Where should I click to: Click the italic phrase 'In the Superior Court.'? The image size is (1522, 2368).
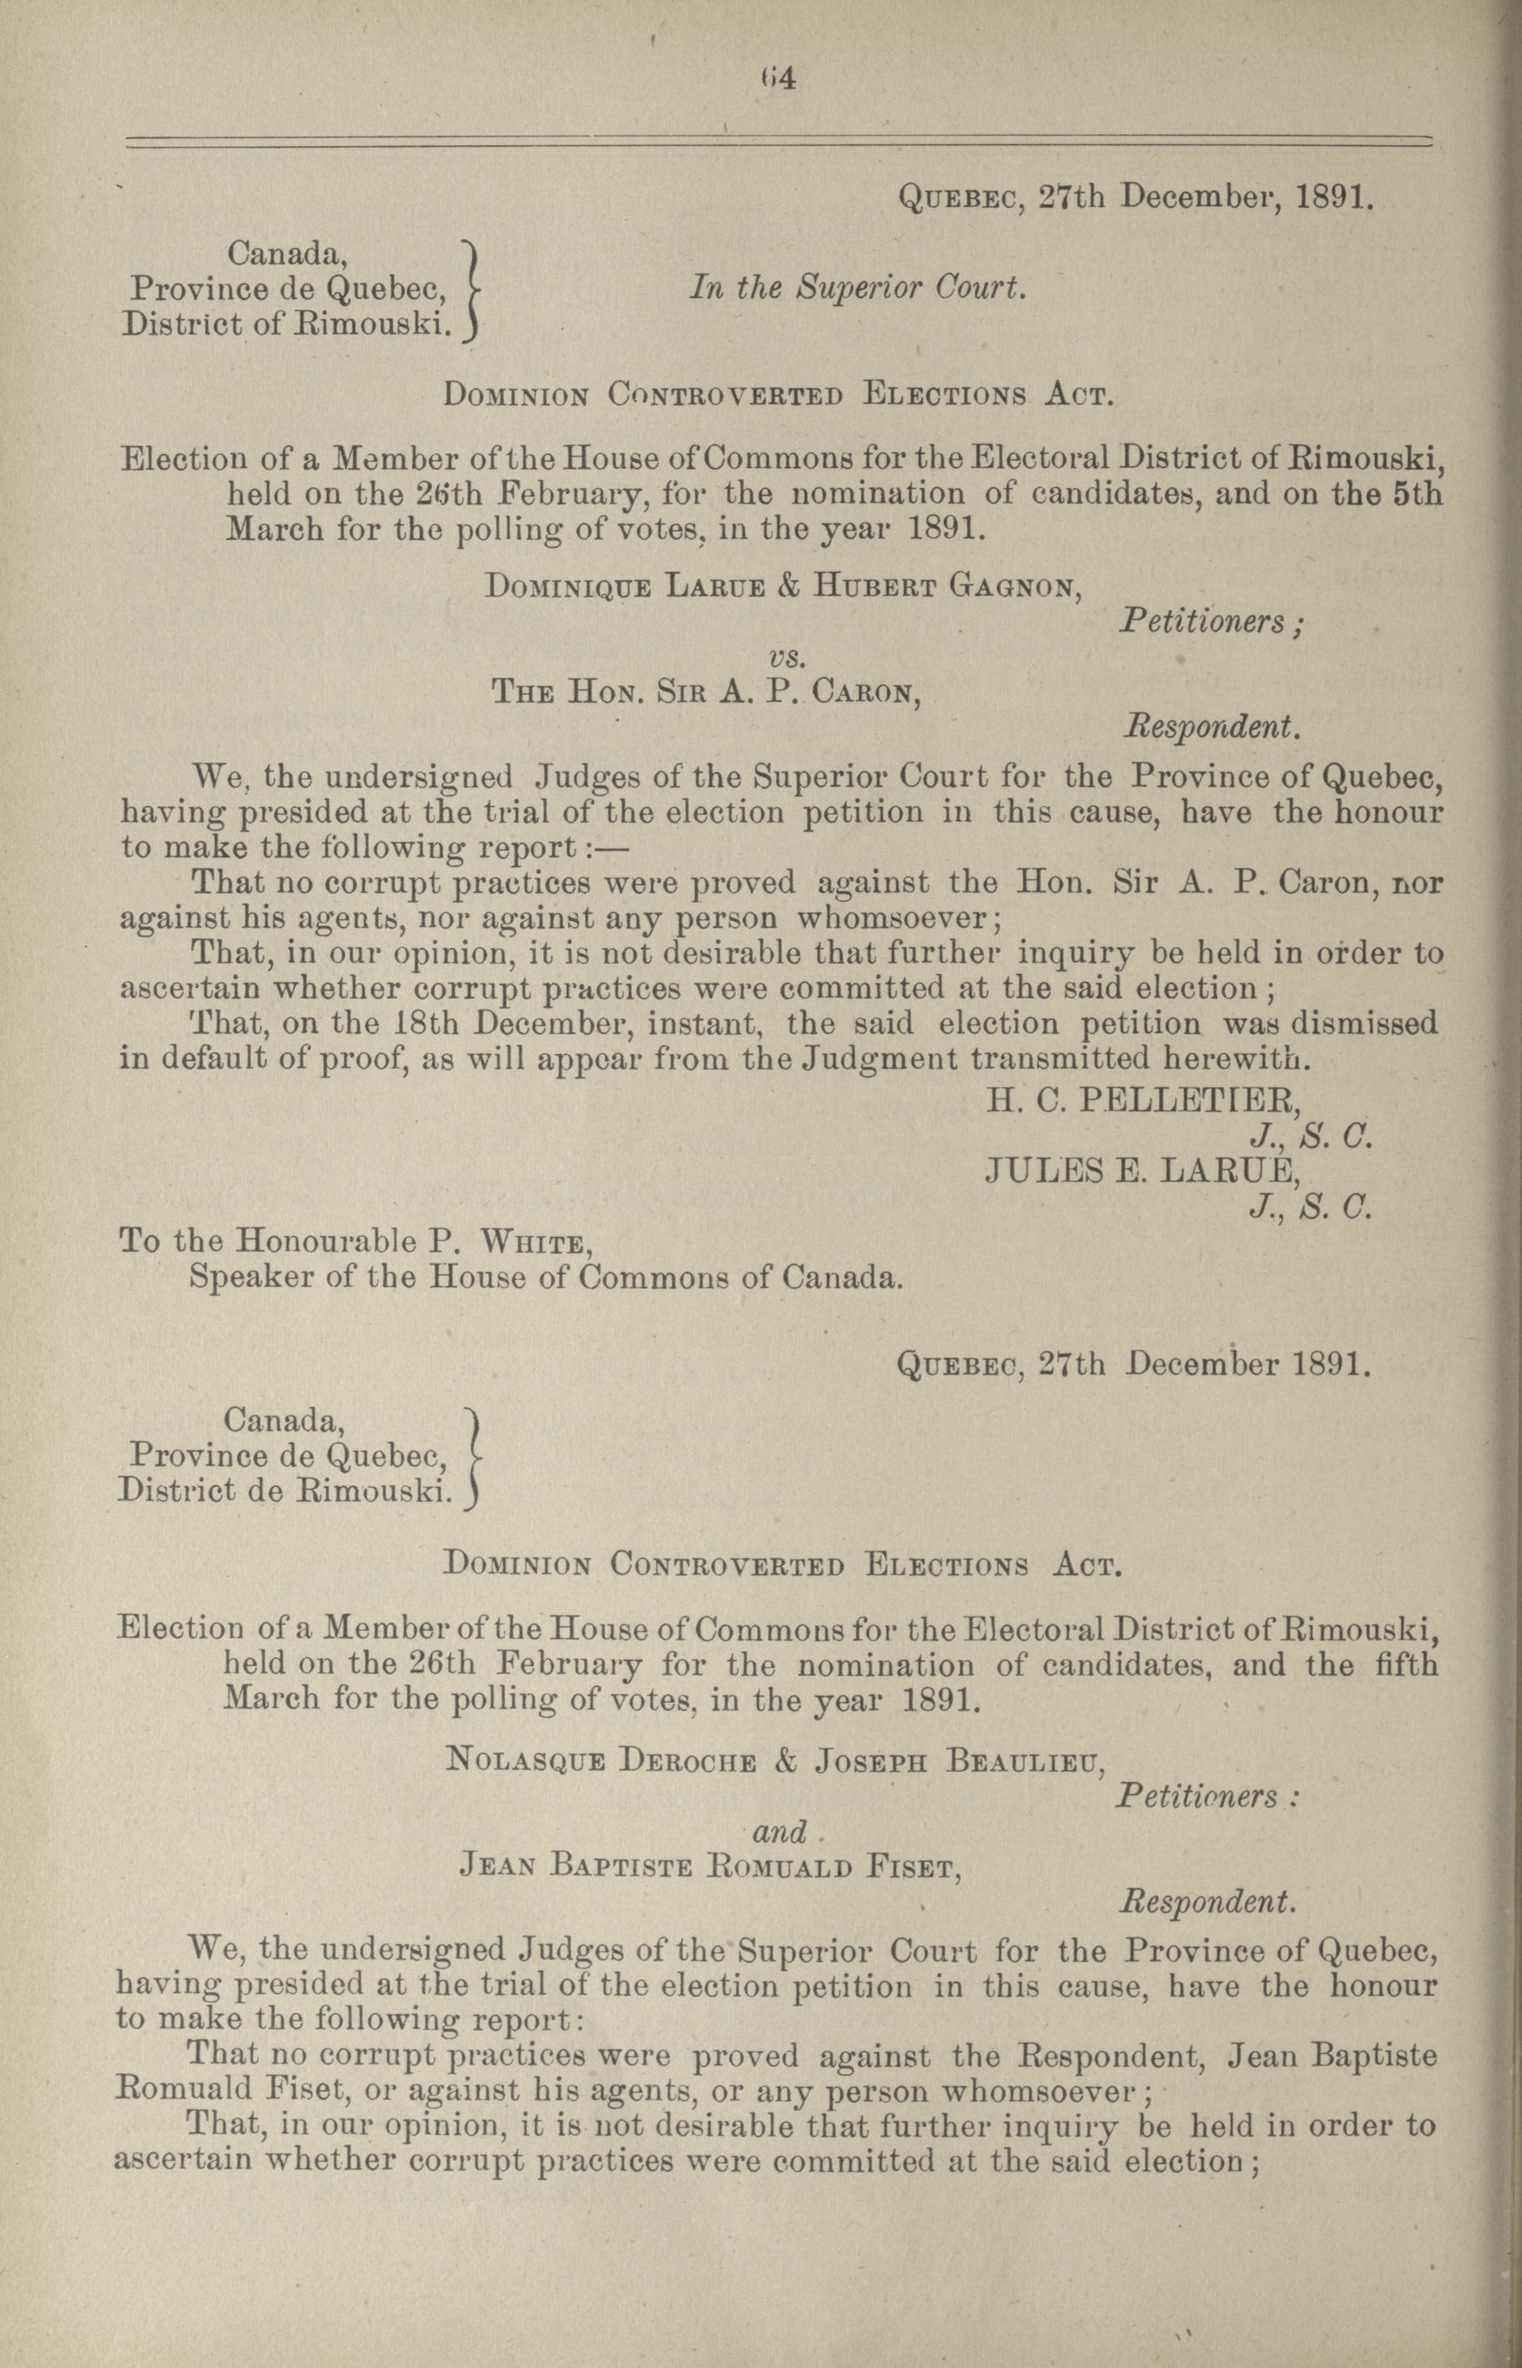pos(859,288)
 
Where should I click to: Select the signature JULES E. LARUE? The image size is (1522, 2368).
pos(1140,1171)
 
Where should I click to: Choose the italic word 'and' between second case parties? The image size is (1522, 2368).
pos(780,1832)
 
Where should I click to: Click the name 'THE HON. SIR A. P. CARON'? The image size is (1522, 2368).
pos(708,692)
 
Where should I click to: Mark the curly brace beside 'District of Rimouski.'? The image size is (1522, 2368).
pos(472,290)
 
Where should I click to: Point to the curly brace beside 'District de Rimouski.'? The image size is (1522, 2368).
pos(472,1457)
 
